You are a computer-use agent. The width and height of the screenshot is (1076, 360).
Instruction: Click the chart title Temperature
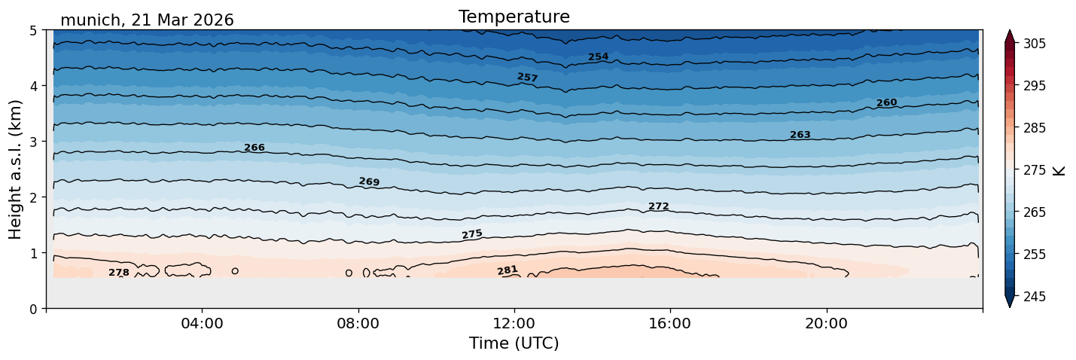tap(514, 17)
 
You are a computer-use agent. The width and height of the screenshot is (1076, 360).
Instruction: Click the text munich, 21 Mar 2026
tap(147, 20)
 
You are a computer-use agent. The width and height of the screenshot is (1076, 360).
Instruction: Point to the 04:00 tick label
tap(203, 323)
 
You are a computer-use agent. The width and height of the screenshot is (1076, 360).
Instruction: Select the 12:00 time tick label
tap(514, 323)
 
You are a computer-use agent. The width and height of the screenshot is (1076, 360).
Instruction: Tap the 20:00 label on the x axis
tap(827, 323)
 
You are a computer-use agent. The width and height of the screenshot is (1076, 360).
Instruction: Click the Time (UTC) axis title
tap(514, 343)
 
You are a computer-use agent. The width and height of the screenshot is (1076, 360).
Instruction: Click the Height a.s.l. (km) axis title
tap(15, 169)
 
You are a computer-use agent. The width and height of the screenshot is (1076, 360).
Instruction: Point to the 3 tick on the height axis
tap(33, 142)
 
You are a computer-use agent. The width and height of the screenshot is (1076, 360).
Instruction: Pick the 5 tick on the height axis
tap(33, 30)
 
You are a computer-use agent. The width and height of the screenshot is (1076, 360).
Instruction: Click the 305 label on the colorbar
tap(1034, 44)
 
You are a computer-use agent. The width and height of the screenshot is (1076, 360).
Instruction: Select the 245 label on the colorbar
tap(1034, 297)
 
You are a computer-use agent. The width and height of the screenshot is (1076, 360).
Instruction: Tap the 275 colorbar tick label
tap(1034, 170)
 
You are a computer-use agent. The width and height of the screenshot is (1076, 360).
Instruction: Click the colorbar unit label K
tap(1059, 171)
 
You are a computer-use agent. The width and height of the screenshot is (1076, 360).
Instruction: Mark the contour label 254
tap(599, 56)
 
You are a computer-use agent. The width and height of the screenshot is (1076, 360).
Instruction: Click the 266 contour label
tap(255, 148)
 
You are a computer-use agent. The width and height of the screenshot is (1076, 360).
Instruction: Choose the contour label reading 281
tap(508, 270)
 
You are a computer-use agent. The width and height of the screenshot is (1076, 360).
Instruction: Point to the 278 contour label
tap(119, 273)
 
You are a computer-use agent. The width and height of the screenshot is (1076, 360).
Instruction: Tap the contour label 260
tap(887, 102)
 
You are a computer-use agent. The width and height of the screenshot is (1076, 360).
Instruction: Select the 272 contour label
tap(659, 206)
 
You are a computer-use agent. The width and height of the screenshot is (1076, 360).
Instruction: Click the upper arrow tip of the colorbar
tap(1010, 30)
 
